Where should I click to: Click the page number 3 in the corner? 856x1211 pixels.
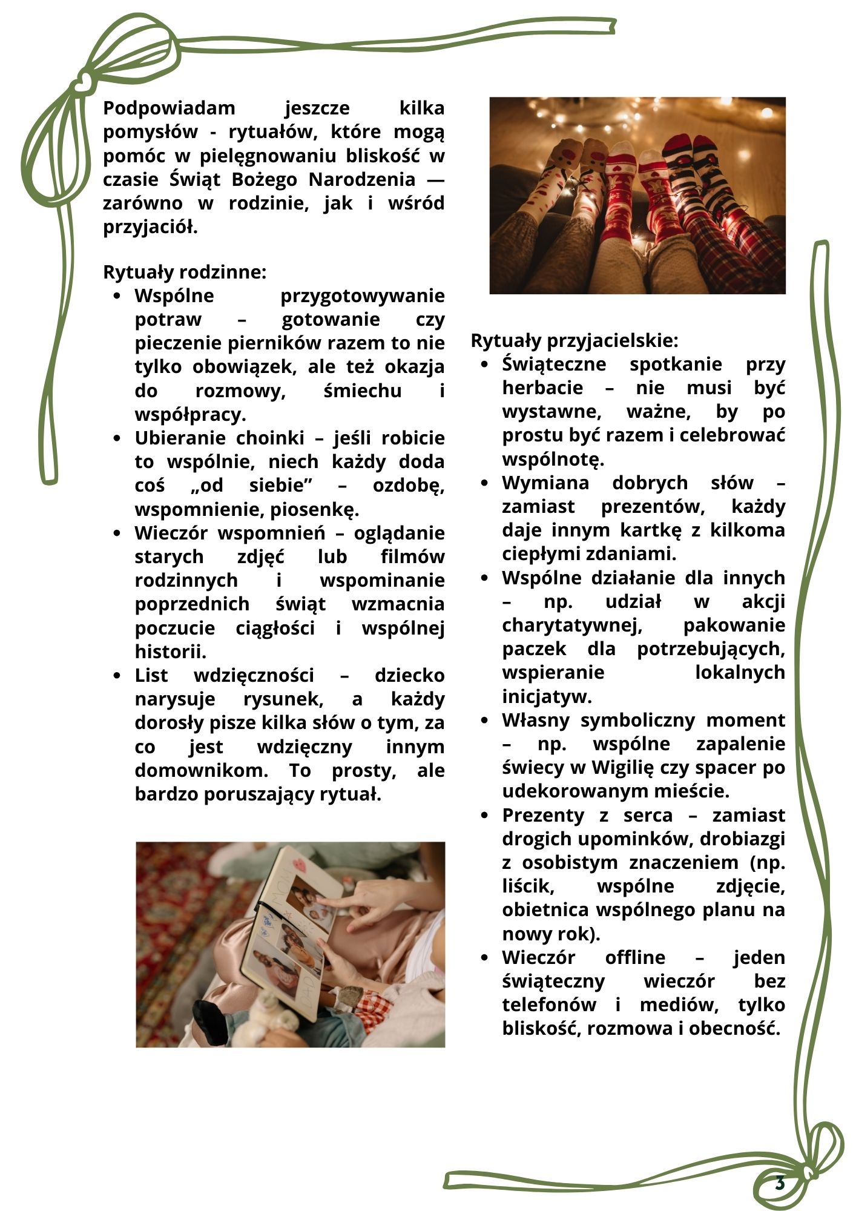click(780, 1183)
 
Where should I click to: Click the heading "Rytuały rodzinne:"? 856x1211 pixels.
click(185, 272)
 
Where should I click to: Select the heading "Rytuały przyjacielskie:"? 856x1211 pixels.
click(575, 341)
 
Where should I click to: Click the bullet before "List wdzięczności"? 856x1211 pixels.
click(117, 676)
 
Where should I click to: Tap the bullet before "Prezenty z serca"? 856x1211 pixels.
click(484, 816)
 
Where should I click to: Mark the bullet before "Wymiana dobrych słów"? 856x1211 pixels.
click(484, 483)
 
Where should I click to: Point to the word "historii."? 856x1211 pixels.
click(171, 652)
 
